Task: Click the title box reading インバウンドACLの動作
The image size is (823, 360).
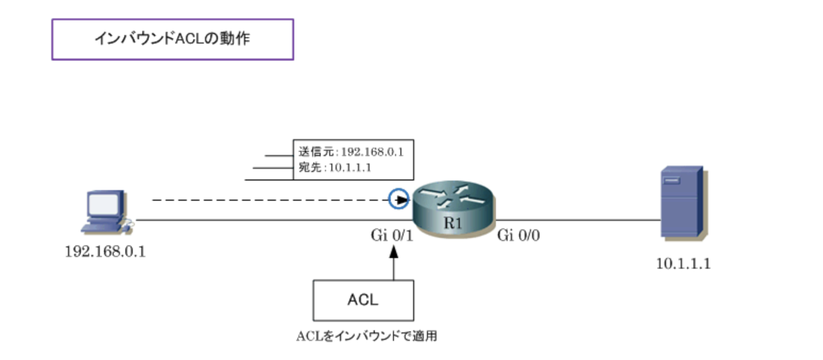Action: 172,39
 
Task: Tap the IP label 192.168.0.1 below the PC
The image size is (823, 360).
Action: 105,251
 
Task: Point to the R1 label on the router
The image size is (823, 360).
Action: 452,224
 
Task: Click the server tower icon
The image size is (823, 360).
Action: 681,202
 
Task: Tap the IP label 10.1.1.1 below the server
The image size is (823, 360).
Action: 683,264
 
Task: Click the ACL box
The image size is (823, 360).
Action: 363,300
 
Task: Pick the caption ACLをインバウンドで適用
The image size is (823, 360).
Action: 366,336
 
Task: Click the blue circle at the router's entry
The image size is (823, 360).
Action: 398,199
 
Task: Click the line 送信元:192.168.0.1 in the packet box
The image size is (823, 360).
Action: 351,152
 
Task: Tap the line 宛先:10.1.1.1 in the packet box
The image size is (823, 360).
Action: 335,168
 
